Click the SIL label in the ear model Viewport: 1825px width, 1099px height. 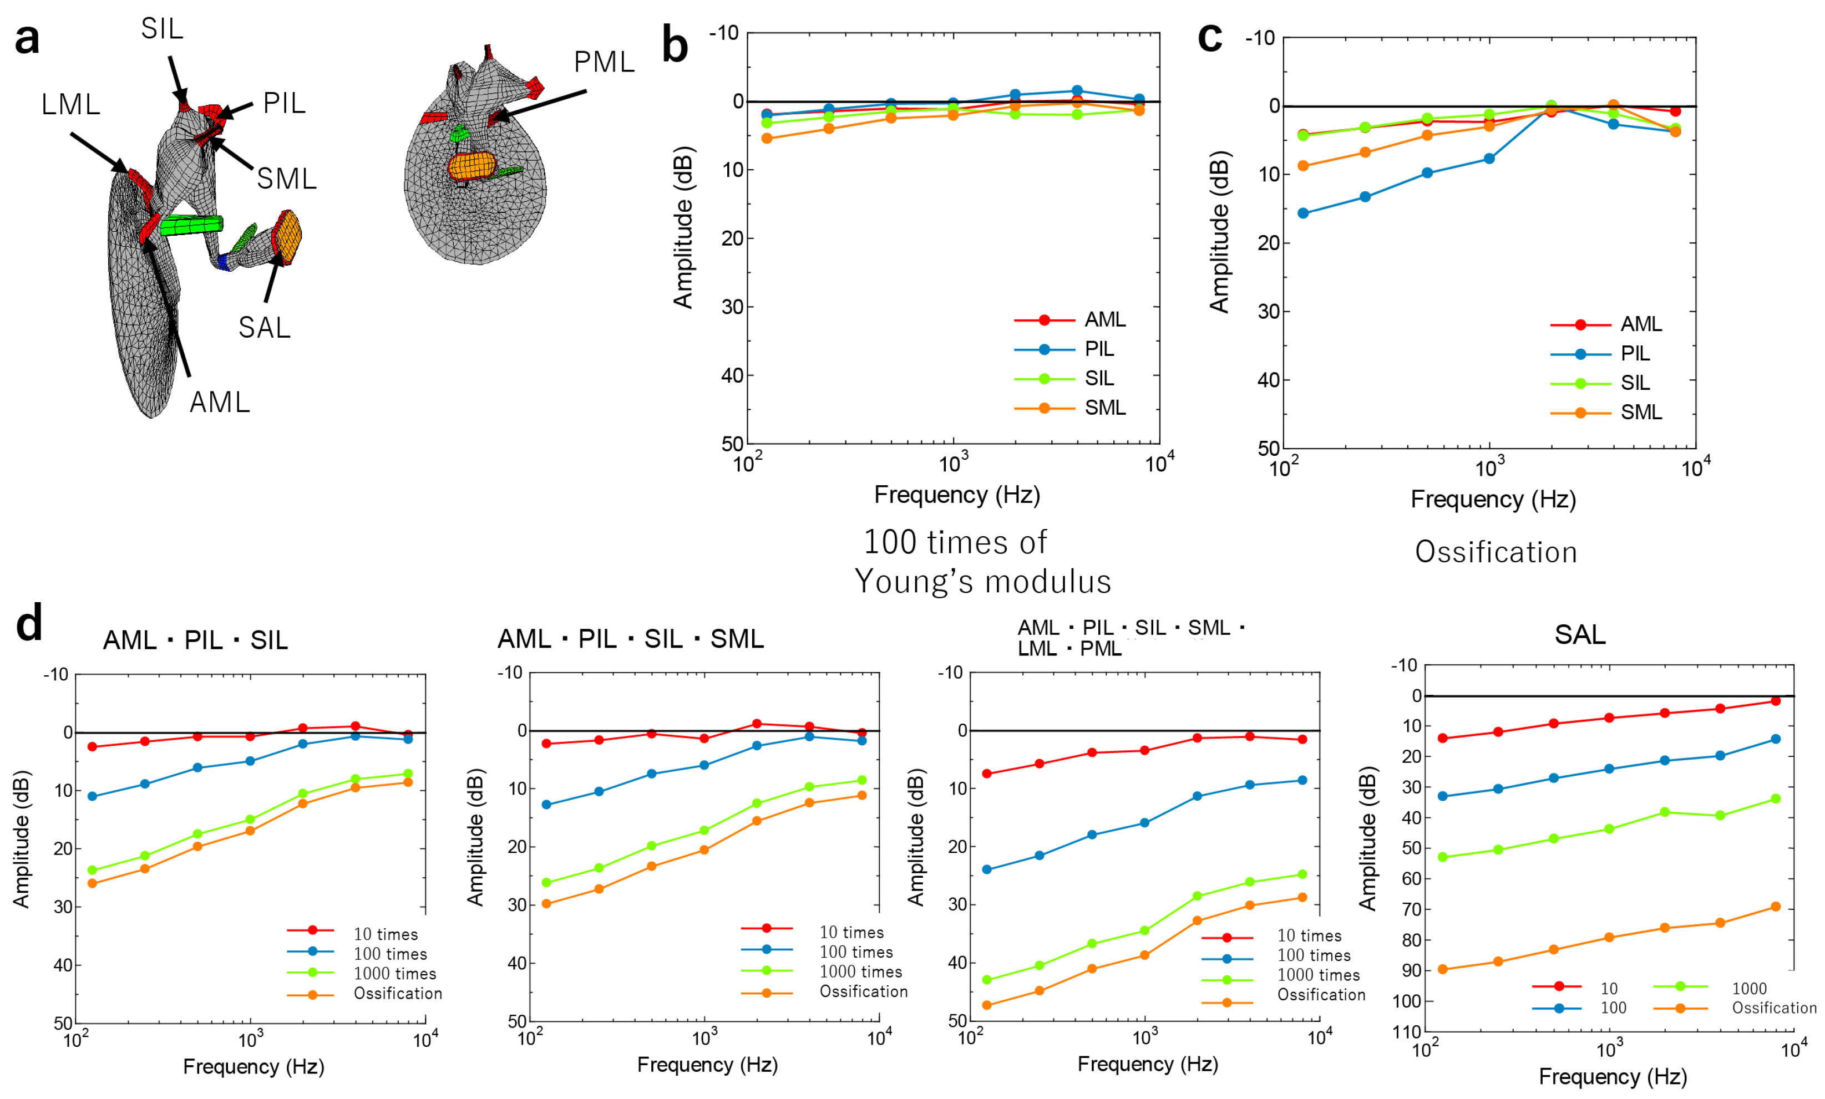161,29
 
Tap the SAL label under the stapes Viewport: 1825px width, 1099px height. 265,327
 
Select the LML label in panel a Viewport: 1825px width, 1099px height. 70,104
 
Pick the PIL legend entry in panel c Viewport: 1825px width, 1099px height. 1635,354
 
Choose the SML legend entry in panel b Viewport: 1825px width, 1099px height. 1104,408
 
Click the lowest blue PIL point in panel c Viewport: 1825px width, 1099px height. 1303,213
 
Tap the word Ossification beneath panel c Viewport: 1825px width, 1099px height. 1496,552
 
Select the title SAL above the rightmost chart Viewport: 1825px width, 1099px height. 1579,635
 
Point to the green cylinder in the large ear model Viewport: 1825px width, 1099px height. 191,225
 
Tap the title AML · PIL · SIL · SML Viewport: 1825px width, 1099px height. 630,638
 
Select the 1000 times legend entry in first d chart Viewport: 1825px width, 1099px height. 394,974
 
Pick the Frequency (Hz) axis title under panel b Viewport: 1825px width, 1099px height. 956,495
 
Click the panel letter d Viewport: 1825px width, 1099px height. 29,624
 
